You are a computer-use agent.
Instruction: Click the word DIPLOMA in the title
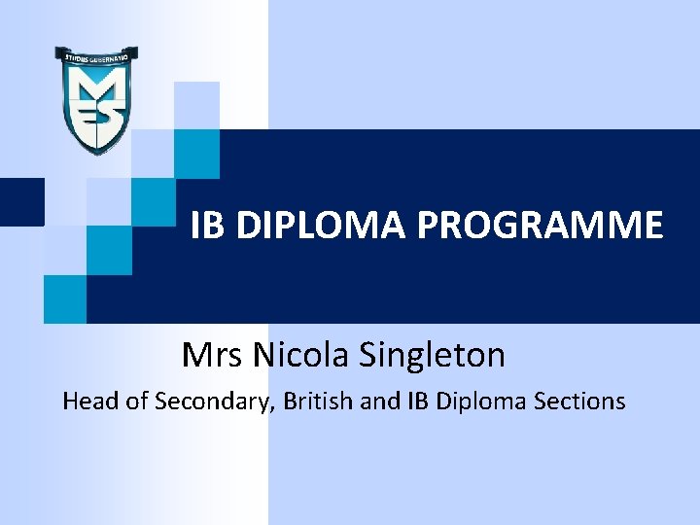(x=322, y=226)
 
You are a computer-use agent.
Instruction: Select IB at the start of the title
(x=205, y=226)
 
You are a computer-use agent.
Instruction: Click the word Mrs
(x=213, y=355)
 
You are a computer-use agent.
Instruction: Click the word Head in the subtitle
(x=89, y=401)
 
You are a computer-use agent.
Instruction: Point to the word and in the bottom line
(x=380, y=401)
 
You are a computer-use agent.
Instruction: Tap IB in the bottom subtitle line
(x=420, y=401)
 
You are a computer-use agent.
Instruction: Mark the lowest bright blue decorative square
(x=65, y=298)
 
